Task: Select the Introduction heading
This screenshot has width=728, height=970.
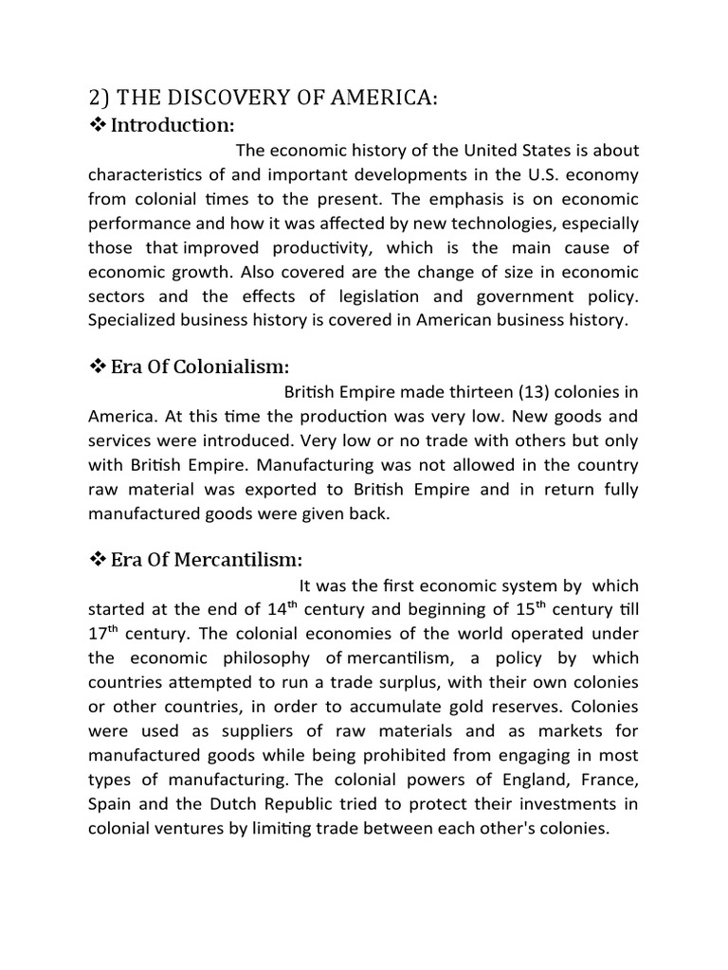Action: (173, 125)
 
